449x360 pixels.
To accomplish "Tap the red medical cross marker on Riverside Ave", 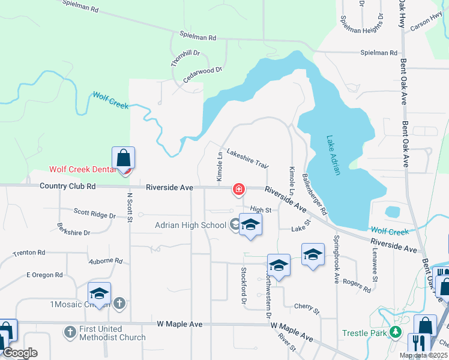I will [239, 190].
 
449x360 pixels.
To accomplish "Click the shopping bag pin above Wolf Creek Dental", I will [123, 158].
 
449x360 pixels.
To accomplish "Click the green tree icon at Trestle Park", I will [395, 331].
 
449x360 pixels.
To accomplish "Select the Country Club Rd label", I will [68, 187].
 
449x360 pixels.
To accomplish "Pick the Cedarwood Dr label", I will [202, 74].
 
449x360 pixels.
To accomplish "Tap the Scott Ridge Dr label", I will [94, 213].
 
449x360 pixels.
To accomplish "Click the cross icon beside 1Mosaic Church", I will [119, 304].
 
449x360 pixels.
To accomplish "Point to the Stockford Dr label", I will [244, 286].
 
